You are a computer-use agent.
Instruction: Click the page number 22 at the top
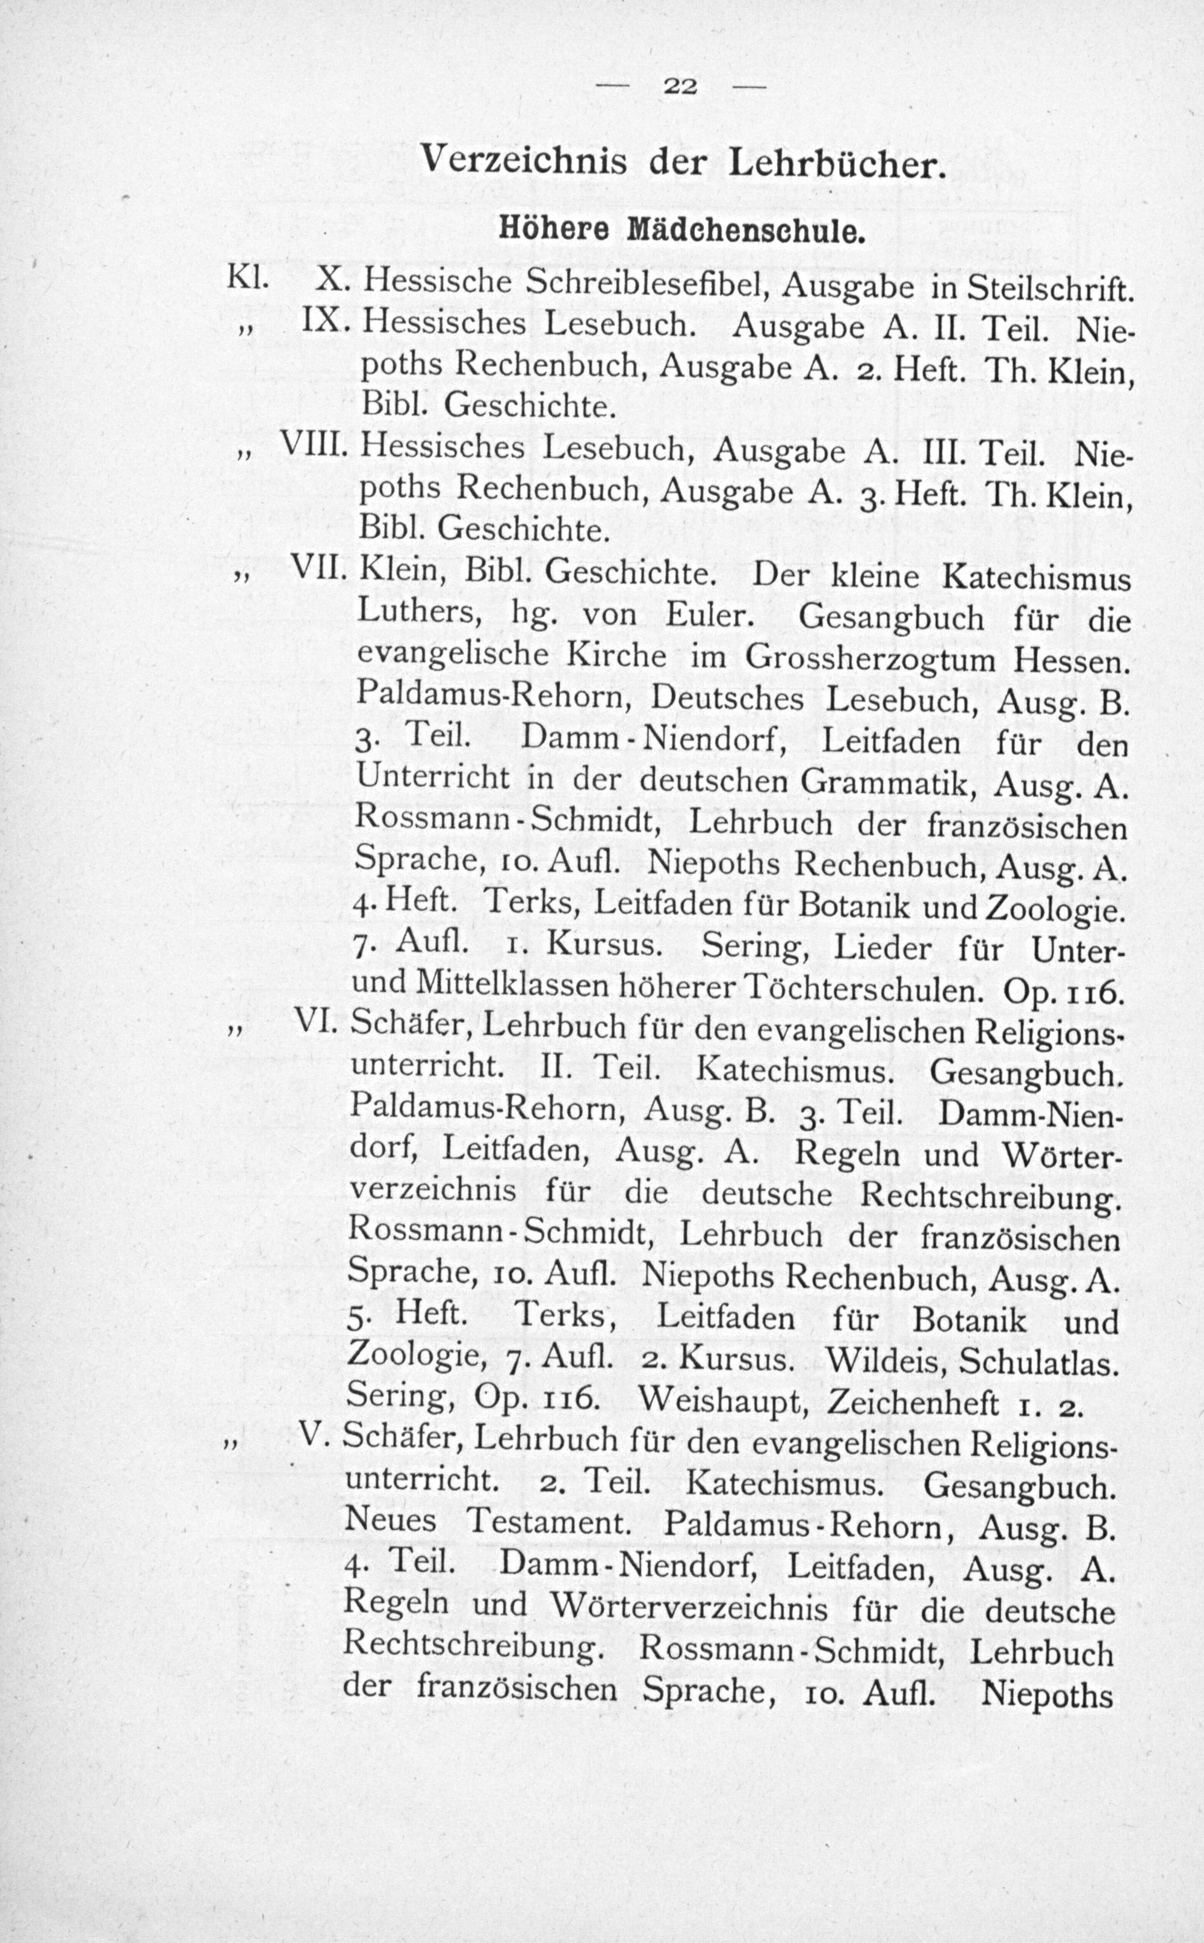[x=678, y=87]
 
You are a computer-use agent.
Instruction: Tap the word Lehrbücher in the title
[x=836, y=164]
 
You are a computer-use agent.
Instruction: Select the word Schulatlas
[x=1036, y=1364]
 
